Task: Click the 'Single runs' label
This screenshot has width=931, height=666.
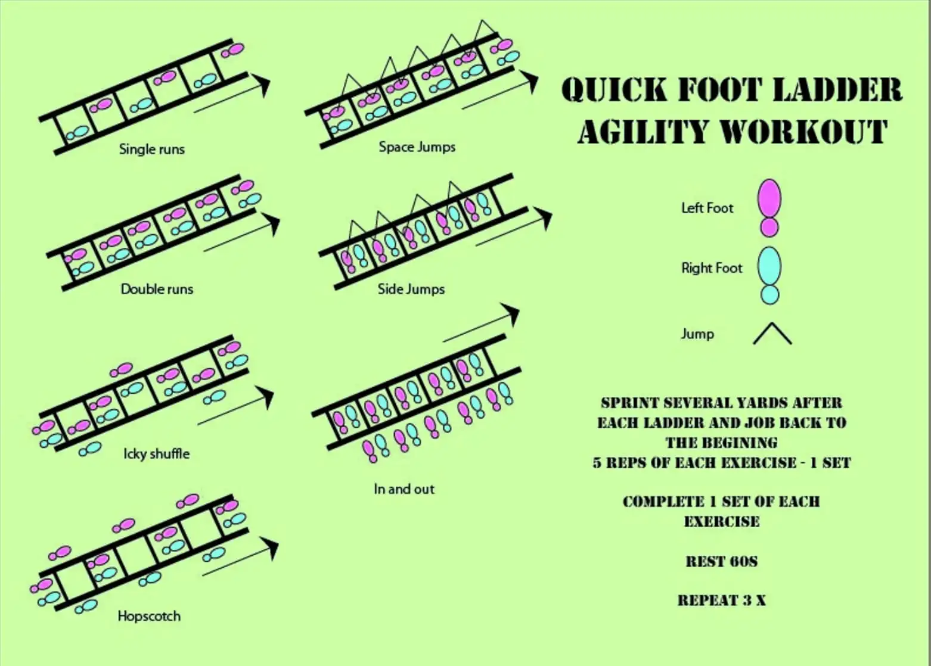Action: click(x=151, y=149)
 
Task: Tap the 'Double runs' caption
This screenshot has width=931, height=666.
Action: click(x=157, y=289)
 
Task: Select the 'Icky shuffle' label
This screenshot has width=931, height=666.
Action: click(x=156, y=454)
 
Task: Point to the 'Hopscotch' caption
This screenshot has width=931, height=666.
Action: click(x=149, y=616)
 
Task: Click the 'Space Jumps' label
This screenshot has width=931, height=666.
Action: click(x=417, y=147)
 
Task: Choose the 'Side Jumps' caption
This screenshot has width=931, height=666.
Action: click(x=411, y=289)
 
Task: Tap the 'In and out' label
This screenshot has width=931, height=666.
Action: click(x=404, y=489)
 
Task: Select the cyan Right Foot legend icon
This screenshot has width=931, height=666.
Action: click(x=769, y=275)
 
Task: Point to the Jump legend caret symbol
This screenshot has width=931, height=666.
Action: click(x=772, y=334)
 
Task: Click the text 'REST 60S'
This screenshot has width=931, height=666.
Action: click(x=721, y=561)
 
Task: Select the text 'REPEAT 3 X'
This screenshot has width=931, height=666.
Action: click(x=721, y=600)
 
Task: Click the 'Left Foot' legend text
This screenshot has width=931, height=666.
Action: click(x=707, y=208)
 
